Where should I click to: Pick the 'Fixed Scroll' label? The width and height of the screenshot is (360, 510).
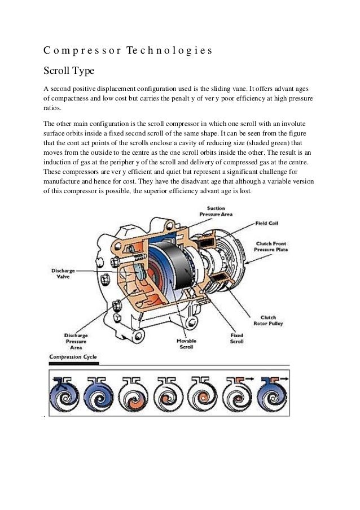pyautogui.click(x=236, y=338)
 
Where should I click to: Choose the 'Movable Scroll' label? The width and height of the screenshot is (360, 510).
pyautogui.click(x=186, y=345)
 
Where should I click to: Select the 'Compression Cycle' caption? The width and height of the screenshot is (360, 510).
pyautogui.click(x=73, y=358)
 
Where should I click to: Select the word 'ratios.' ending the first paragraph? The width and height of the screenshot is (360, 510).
pyautogui.click(x=55, y=110)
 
